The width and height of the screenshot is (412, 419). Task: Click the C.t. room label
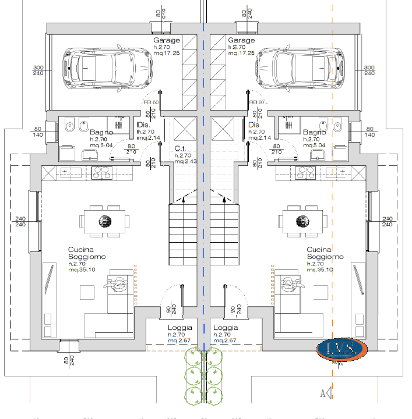(x=180, y=148)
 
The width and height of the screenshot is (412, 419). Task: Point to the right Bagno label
(x=315, y=133)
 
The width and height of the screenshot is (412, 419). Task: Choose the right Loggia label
(x=226, y=328)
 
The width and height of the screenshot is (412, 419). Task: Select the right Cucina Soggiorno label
(x=325, y=253)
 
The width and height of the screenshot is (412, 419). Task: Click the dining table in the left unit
(x=105, y=221)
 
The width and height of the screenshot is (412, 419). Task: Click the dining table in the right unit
(x=302, y=221)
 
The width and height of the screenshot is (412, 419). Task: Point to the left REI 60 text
(x=151, y=102)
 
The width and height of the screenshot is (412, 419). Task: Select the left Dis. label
(x=143, y=125)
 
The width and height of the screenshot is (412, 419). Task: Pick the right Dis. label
(x=254, y=125)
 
